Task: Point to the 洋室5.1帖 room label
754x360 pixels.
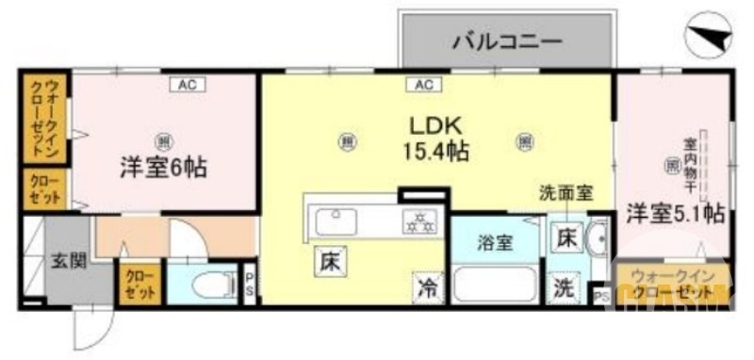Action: click(x=676, y=213)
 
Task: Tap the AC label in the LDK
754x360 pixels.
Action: click(x=421, y=85)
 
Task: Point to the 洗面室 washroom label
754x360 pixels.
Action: click(x=565, y=193)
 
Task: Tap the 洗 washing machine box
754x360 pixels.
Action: click(x=564, y=288)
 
